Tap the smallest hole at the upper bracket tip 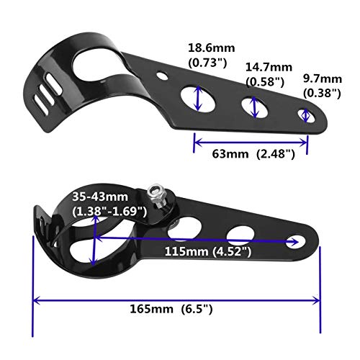click(x=306, y=114)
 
